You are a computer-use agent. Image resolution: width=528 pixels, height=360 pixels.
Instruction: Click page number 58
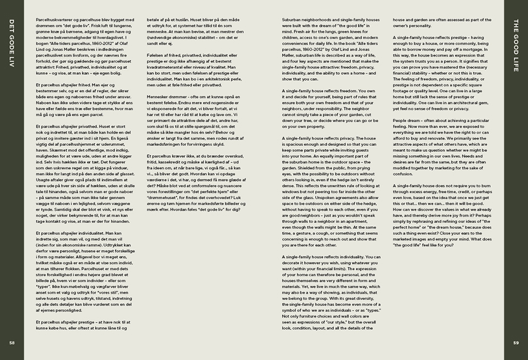click(x=12, y=342)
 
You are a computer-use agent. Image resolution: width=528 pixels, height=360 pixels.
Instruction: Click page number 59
click(x=516, y=342)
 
